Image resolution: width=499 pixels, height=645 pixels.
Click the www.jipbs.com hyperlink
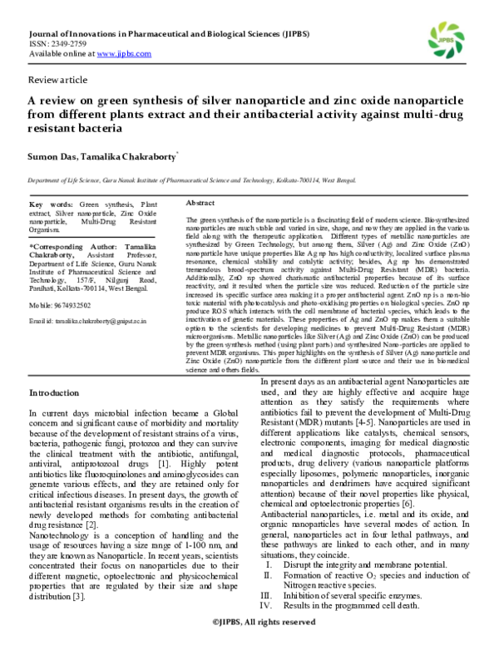click(x=124, y=52)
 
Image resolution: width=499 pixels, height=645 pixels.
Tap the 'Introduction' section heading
click(x=54, y=391)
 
